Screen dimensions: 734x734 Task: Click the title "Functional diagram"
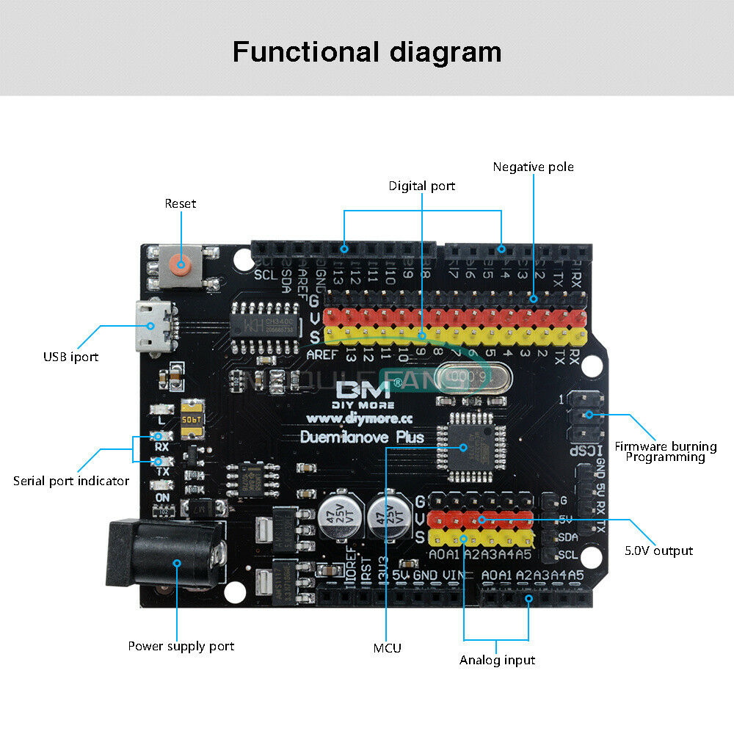(x=367, y=53)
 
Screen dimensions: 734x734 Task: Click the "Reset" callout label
(x=181, y=203)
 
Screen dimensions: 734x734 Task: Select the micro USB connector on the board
(x=153, y=326)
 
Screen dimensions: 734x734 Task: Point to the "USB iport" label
(x=70, y=357)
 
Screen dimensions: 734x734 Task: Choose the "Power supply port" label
(x=181, y=646)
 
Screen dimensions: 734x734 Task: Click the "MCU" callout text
(x=388, y=647)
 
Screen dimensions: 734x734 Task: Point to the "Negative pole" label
(x=533, y=167)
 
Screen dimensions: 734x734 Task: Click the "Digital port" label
(x=422, y=186)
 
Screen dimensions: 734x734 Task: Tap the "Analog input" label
(x=497, y=660)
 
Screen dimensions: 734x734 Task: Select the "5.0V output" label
(x=658, y=550)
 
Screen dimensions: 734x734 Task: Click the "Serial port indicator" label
(x=71, y=481)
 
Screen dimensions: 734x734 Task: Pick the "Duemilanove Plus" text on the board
(x=363, y=437)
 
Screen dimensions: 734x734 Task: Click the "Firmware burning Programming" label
(x=665, y=451)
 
